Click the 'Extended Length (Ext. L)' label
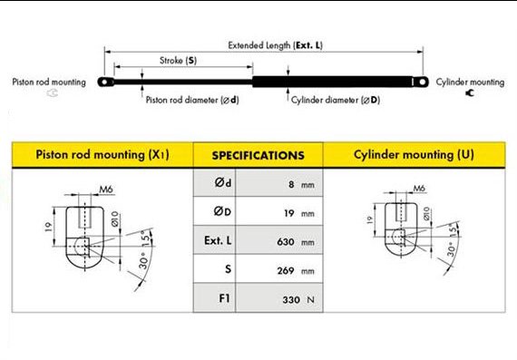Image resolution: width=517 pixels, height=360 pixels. tap(276, 45)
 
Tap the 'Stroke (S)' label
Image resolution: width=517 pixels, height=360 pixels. tap(178, 61)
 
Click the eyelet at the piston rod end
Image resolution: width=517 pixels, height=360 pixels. tap(105, 82)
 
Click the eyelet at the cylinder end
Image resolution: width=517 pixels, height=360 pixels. tap(421, 82)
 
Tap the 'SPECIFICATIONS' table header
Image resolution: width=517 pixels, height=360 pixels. tap(258, 155)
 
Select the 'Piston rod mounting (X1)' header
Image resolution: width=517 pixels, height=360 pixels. tap(102, 155)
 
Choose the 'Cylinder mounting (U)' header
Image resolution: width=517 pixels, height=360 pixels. tap(414, 155)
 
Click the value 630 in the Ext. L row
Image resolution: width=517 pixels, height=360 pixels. tap(286, 242)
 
